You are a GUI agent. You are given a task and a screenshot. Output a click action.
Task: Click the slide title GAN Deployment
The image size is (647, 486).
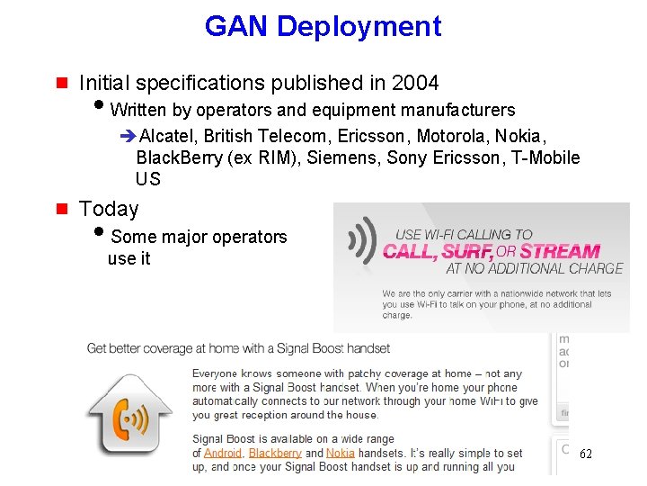[323, 26]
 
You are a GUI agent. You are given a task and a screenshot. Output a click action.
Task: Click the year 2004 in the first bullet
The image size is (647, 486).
[415, 84]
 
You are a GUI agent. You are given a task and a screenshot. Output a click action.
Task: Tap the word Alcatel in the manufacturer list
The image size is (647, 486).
[168, 136]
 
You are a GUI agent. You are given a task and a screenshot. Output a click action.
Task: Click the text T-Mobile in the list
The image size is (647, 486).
[546, 157]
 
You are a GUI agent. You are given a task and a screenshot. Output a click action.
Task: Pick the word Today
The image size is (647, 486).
[109, 209]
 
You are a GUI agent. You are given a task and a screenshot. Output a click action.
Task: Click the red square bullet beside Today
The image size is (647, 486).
[62, 209]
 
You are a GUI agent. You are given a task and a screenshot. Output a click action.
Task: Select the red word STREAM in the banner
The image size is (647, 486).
[559, 252]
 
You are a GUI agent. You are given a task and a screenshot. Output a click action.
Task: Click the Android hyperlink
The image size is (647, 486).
[222, 453]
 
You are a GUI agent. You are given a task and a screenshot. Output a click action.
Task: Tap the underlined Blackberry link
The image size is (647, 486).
[275, 453]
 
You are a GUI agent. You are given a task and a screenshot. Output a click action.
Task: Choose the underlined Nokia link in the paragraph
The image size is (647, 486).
[340, 453]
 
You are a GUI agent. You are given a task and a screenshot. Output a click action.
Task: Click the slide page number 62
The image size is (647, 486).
[585, 454]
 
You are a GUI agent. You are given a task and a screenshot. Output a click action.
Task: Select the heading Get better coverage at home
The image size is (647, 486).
[238, 348]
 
